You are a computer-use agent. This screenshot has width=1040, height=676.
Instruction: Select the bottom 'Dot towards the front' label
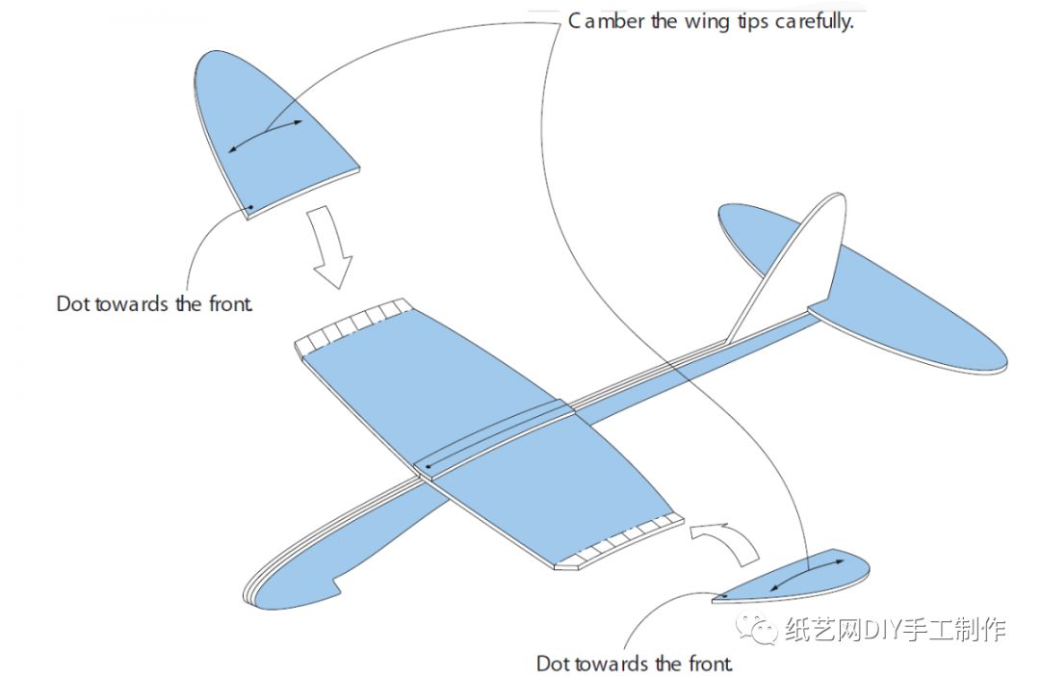[x=635, y=663]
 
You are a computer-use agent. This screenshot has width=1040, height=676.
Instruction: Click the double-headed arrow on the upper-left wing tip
[x=266, y=136]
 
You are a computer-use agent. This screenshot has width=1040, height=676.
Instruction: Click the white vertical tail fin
[x=799, y=260]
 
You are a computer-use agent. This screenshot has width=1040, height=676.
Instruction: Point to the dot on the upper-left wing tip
[x=250, y=207]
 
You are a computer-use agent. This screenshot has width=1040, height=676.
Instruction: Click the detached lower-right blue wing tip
[x=799, y=578]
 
